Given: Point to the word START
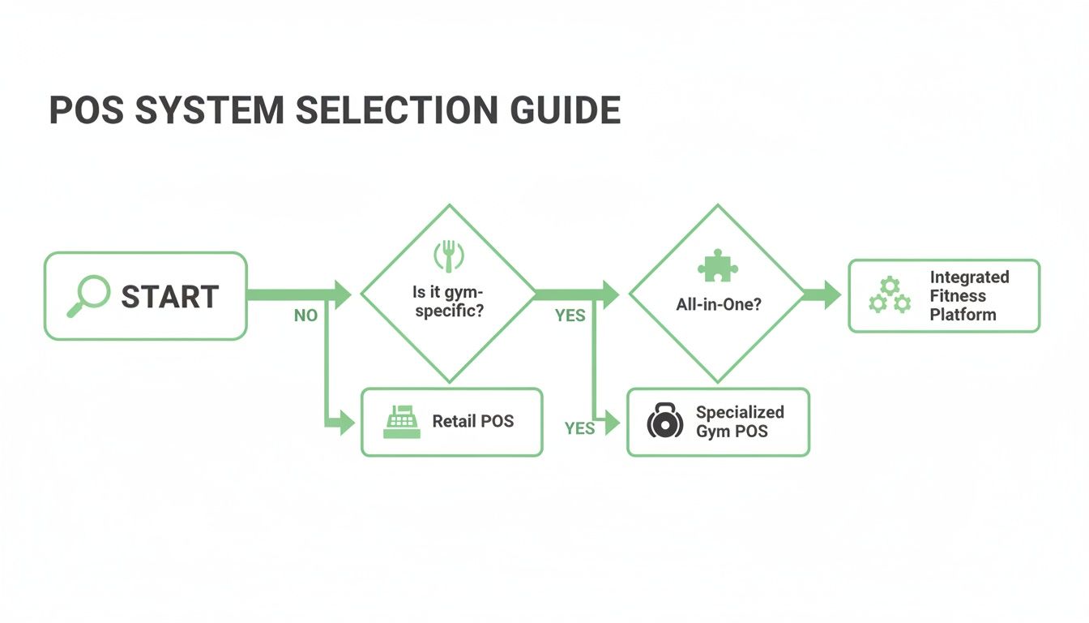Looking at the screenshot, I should point(170,297).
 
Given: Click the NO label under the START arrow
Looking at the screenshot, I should point(305,316).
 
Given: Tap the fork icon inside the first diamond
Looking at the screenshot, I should point(448,256).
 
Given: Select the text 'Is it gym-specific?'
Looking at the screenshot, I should point(448,302).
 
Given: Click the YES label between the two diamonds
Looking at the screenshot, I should point(570,316).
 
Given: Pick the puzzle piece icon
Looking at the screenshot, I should point(717,265).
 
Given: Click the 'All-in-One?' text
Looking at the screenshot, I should point(718,305).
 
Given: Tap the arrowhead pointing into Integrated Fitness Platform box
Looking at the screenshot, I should point(831,295).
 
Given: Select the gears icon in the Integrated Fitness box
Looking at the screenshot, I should point(889,295).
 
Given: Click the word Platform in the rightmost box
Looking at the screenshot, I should point(963,315).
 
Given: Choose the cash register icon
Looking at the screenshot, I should point(401,422).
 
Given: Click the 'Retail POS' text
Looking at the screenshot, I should point(472,421).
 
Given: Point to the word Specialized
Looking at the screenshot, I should point(740,412).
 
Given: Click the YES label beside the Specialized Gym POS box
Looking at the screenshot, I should point(579,428).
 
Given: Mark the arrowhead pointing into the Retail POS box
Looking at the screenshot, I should point(346,422).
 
